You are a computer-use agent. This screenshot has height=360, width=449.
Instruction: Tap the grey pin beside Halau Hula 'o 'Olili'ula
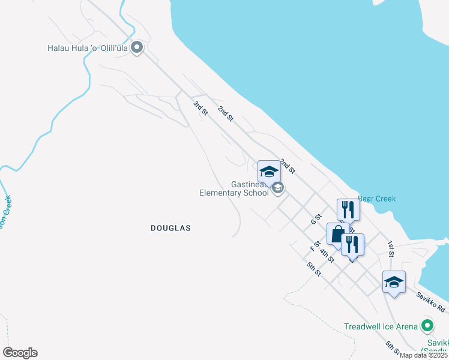pyautogui.click(x=137, y=47)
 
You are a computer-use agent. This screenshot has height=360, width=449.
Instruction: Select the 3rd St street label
pyautogui.click(x=200, y=109)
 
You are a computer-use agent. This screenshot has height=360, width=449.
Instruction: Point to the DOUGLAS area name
pyautogui.click(x=170, y=228)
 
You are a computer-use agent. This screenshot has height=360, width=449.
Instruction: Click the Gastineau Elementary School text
pyautogui.click(x=234, y=188)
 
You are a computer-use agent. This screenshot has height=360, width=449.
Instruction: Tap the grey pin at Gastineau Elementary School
pyautogui.click(x=277, y=189)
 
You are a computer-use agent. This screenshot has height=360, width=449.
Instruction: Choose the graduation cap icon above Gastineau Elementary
pyautogui.click(x=269, y=171)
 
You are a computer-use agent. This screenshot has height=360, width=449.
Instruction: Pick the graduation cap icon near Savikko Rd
pyautogui.click(x=394, y=281)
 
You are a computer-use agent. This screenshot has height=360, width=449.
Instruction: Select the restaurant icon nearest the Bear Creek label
pyautogui.click(x=348, y=209)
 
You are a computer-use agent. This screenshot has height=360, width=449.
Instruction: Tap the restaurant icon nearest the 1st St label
pyautogui.click(x=352, y=244)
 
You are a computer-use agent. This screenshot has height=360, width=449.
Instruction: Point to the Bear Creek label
pyautogui.click(x=377, y=199)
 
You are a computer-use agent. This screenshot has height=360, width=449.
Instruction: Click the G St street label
pyautogui.click(x=316, y=220)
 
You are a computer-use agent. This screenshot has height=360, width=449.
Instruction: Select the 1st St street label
pyautogui.click(x=391, y=249)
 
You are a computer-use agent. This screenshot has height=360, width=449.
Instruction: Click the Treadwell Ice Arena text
pyautogui.click(x=381, y=326)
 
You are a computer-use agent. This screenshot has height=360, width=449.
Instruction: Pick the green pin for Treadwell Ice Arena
pyautogui.click(x=427, y=326)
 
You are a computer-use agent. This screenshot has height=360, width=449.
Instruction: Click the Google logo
pyautogui.click(x=20, y=353)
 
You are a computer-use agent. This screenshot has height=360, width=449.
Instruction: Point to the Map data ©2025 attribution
pyautogui.click(x=423, y=355)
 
